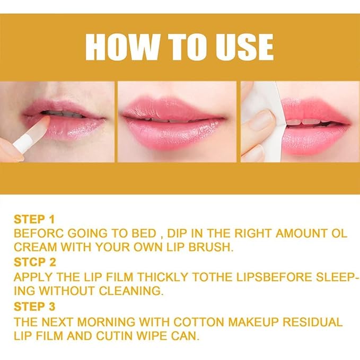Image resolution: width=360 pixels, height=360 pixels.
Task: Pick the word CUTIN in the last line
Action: click(118, 335)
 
